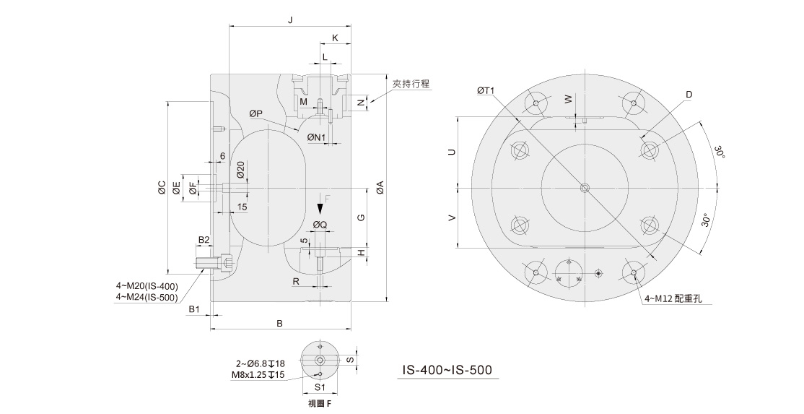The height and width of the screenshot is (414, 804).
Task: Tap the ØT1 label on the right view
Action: pyautogui.click(x=485, y=91)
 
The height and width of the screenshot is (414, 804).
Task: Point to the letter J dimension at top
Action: pyautogui.click(x=289, y=21)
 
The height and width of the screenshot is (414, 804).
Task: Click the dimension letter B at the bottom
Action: pyautogui.click(x=280, y=322)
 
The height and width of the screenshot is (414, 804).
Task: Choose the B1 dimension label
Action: pyautogui.click(x=193, y=309)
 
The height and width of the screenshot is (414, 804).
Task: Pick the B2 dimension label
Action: pyautogui.click(x=204, y=239)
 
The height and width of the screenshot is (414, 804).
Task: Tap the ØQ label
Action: pyautogui.click(x=320, y=225)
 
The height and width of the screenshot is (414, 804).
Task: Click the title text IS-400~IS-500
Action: pyautogui.click(x=447, y=370)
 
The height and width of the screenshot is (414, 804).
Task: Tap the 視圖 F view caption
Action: pyautogui.click(x=320, y=403)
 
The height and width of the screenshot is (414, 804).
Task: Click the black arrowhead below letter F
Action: pyautogui.click(x=321, y=208)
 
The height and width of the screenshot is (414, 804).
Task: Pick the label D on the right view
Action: pyautogui.click(x=689, y=95)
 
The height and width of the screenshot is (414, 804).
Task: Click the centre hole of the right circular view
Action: pyautogui.click(x=585, y=189)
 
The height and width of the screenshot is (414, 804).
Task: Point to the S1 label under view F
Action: pyautogui.click(x=320, y=387)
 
